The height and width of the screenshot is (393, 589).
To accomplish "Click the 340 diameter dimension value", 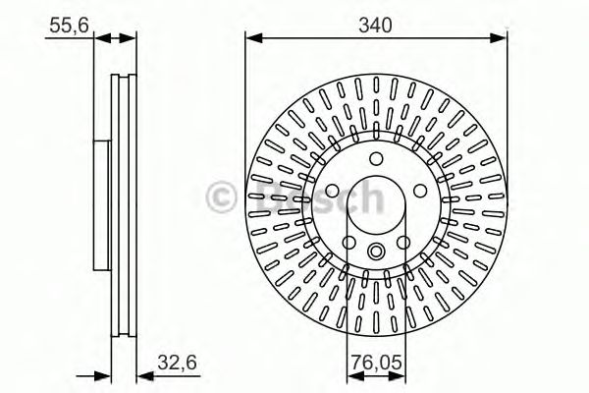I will [x=375, y=26].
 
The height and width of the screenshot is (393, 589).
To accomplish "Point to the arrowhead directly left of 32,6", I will [x=139, y=376].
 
